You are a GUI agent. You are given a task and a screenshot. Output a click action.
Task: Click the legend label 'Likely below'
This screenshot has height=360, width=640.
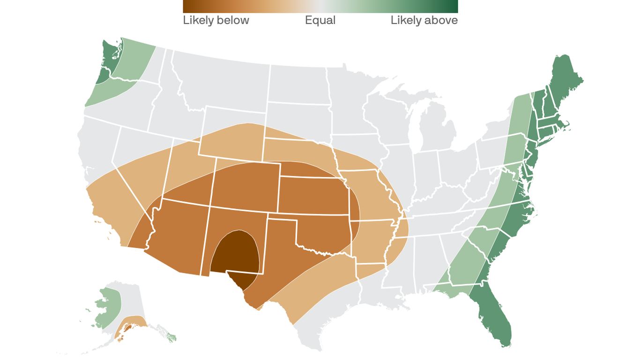pos(216,21)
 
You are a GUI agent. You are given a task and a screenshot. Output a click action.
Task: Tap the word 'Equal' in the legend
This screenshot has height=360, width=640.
pos(320,21)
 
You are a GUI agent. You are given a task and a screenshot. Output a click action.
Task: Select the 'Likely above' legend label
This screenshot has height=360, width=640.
pos(424,21)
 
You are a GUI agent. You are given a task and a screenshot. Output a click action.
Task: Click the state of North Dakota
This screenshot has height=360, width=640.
pos(298,84)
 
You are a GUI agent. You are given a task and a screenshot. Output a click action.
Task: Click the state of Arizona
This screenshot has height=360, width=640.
pos(178,234)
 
